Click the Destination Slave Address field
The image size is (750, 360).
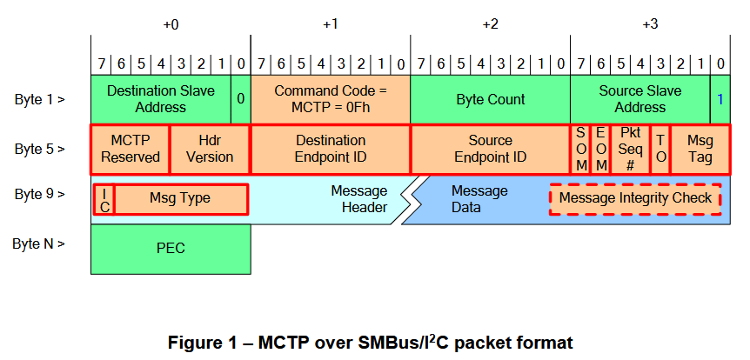(x=161, y=99)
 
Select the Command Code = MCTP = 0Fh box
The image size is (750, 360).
(x=330, y=99)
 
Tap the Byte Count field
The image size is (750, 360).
(x=490, y=99)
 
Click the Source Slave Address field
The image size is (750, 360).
(x=640, y=99)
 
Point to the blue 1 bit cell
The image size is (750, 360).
(x=720, y=99)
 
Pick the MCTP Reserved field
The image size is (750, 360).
(x=131, y=150)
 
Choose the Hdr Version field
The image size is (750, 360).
(x=210, y=150)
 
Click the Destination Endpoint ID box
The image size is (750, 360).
(x=330, y=150)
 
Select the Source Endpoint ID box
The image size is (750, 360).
(x=490, y=150)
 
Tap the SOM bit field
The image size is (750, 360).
(x=580, y=150)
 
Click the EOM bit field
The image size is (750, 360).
(x=600, y=150)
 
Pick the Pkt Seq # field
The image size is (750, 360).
(x=631, y=150)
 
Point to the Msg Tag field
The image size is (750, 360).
(x=700, y=150)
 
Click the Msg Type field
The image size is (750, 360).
(x=180, y=199)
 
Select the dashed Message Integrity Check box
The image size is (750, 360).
(x=635, y=199)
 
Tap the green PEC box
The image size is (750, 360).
(x=171, y=249)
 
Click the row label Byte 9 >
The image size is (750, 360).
(x=39, y=195)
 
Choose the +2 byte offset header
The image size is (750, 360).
(x=490, y=24)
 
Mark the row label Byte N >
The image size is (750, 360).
(x=39, y=243)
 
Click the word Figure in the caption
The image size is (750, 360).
(x=198, y=343)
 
